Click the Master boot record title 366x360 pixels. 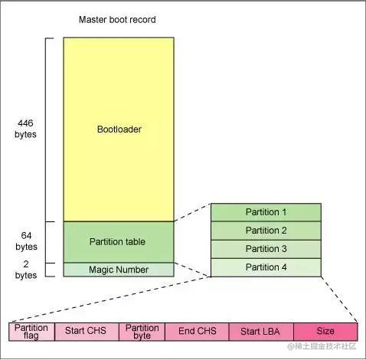[x=117, y=20]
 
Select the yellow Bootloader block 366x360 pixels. [x=119, y=129]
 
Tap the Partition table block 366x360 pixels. [x=119, y=242]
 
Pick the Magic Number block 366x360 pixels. [x=119, y=270]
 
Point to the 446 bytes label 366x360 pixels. [x=25, y=129]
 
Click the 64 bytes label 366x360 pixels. [x=26, y=241]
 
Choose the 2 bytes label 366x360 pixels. [x=26, y=270]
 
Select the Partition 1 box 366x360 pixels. [x=266, y=212]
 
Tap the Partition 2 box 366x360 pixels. [x=266, y=231]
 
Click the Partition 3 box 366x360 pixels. [x=266, y=249]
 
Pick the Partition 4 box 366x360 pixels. [x=266, y=267]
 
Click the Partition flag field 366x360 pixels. [x=31, y=332]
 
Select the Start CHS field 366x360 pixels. [x=87, y=332]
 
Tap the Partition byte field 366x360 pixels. [x=142, y=332]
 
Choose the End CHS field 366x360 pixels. [x=197, y=332]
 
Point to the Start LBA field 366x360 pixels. [x=261, y=332]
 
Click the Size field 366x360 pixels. [x=325, y=332]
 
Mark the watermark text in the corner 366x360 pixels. [x=322, y=346]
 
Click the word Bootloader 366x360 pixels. [x=119, y=129]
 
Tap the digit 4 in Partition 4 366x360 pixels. [x=284, y=267]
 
